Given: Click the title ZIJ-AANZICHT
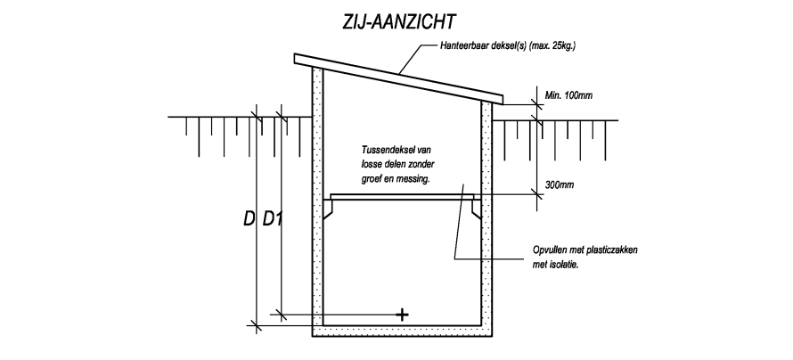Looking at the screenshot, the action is point(398,23).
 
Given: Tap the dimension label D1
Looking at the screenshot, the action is point(272,219).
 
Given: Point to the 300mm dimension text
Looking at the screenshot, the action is point(560,185).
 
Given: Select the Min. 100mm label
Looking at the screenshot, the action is point(569,95).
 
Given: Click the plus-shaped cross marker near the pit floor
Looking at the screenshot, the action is point(402,315).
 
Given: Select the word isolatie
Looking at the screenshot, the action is point(563,265).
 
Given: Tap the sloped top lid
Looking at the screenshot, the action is point(399,79).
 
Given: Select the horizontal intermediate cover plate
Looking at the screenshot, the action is point(402,197).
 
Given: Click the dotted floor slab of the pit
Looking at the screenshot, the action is point(402,331).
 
